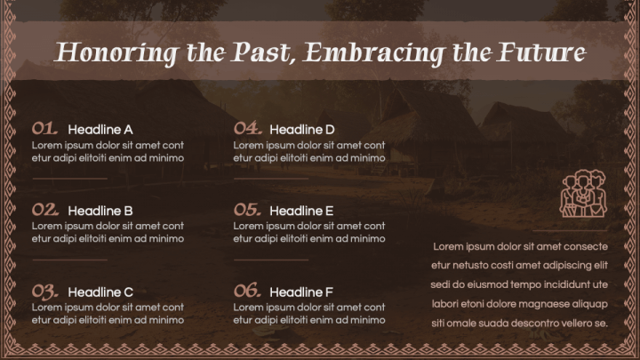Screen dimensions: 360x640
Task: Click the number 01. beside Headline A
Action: tap(45, 128)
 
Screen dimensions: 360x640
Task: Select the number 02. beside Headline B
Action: tap(45, 211)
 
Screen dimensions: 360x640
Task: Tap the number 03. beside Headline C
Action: tap(45, 292)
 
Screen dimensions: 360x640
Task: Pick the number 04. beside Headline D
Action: tap(247, 128)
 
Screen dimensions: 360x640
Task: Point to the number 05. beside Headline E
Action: tap(247, 211)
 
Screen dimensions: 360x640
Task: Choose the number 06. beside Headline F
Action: tap(247, 292)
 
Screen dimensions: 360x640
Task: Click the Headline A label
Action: tap(100, 129)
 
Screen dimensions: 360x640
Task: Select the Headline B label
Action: tap(100, 212)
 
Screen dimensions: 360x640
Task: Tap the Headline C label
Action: tap(100, 292)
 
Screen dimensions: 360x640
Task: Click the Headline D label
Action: tap(302, 129)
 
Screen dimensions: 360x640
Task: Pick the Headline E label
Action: tap(301, 212)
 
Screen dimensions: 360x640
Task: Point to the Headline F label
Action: tap(301, 292)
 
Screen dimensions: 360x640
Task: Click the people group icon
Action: tap(582, 193)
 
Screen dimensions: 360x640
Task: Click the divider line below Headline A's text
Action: tap(69, 179)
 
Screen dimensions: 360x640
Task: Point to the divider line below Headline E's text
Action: tap(271, 260)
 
